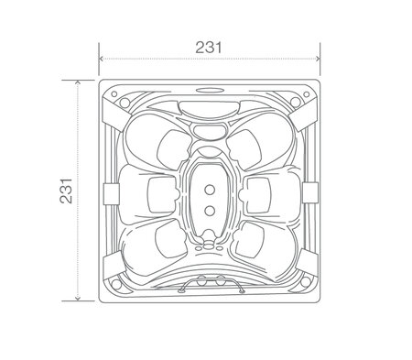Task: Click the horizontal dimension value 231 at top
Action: point(209,48)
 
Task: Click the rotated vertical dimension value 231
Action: point(66,191)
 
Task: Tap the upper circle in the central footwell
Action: point(210,190)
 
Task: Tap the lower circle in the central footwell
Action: point(210,211)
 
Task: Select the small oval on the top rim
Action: point(210,90)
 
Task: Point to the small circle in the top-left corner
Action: point(114,94)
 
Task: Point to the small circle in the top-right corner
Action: point(306,94)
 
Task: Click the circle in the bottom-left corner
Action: point(116,284)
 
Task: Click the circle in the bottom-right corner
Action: point(305,282)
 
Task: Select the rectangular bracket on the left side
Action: point(111,194)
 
